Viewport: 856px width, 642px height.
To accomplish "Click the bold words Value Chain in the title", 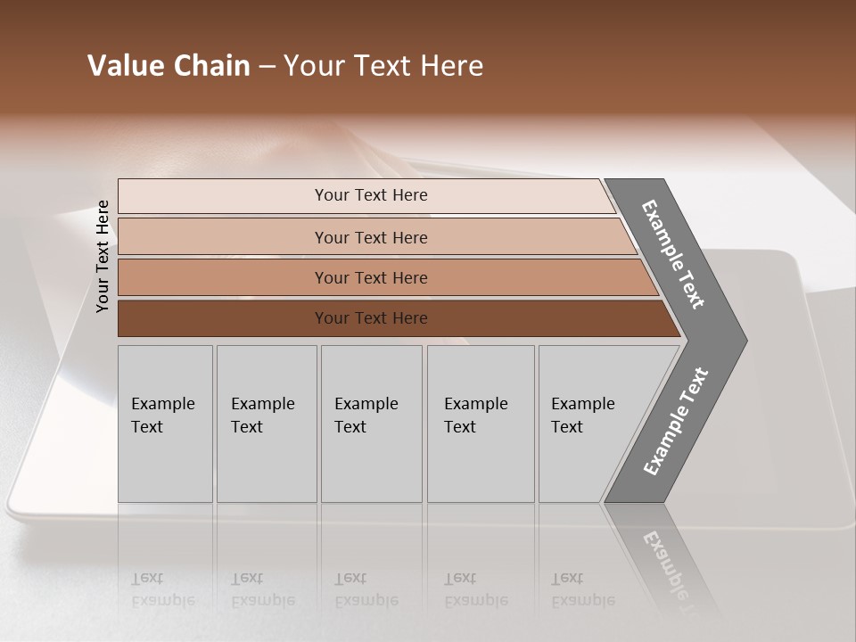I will click(169, 66).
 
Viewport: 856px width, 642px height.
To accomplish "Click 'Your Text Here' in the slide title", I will click(383, 66).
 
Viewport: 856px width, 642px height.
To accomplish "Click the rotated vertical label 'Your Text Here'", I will click(103, 256).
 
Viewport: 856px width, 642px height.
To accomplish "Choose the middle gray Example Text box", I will click(371, 424).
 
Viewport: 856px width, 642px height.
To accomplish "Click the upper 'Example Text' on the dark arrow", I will click(673, 254).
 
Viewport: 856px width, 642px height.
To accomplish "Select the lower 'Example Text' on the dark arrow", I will click(676, 421).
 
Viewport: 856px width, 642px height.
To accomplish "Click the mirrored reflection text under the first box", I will click(162, 589).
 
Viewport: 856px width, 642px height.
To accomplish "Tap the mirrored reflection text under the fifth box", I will click(582, 589).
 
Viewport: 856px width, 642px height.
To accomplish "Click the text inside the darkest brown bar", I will click(371, 318).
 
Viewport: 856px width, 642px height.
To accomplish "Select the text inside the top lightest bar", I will click(371, 195).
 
